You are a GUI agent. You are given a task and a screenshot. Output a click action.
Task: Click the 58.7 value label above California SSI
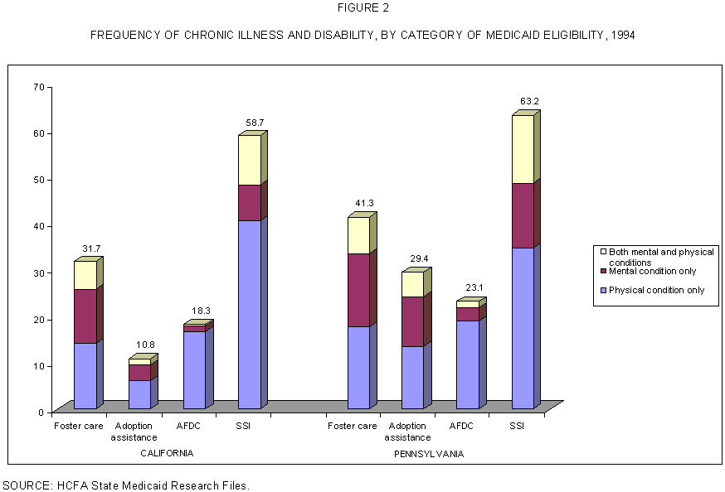(x=255, y=123)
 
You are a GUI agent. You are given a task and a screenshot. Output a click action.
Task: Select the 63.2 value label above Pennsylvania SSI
(x=528, y=102)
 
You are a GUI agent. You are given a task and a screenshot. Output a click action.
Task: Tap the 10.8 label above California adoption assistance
(x=144, y=344)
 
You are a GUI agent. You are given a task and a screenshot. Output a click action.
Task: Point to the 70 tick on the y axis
(x=38, y=87)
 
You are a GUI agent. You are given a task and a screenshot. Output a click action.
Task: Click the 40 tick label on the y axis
(x=38, y=226)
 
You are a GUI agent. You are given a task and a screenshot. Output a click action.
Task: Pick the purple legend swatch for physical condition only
(x=603, y=290)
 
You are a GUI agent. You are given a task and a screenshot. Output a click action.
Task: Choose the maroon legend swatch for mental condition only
(x=603, y=272)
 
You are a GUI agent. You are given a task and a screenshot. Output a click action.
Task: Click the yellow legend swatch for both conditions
(x=603, y=252)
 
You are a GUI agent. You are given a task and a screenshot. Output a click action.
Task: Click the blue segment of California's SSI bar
(x=249, y=314)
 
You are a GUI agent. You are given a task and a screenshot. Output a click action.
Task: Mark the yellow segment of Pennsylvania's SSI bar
(x=523, y=149)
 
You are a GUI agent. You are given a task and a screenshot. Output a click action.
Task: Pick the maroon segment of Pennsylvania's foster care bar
(x=358, y=290)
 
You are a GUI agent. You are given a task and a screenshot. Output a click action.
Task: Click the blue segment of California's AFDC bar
(x=194, y=369)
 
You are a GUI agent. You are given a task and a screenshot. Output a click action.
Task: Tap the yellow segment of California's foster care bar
(x=85, y=275)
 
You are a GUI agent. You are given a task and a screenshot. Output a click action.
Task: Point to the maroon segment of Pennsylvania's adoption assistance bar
(x=412, y=321)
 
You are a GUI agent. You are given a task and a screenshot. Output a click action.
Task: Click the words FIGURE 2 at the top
(x=362, y=8)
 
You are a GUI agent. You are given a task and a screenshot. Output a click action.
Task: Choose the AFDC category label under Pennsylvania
(x=461, y=426)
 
